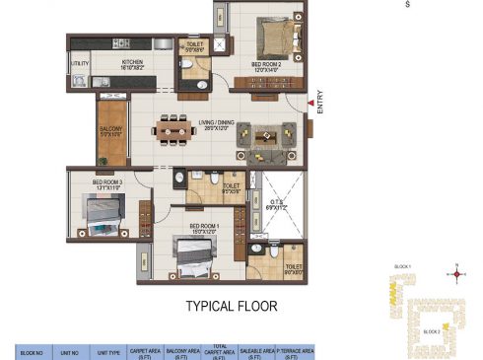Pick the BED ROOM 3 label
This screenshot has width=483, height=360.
pos(107,182)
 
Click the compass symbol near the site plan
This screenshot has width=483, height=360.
pos(456,273)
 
